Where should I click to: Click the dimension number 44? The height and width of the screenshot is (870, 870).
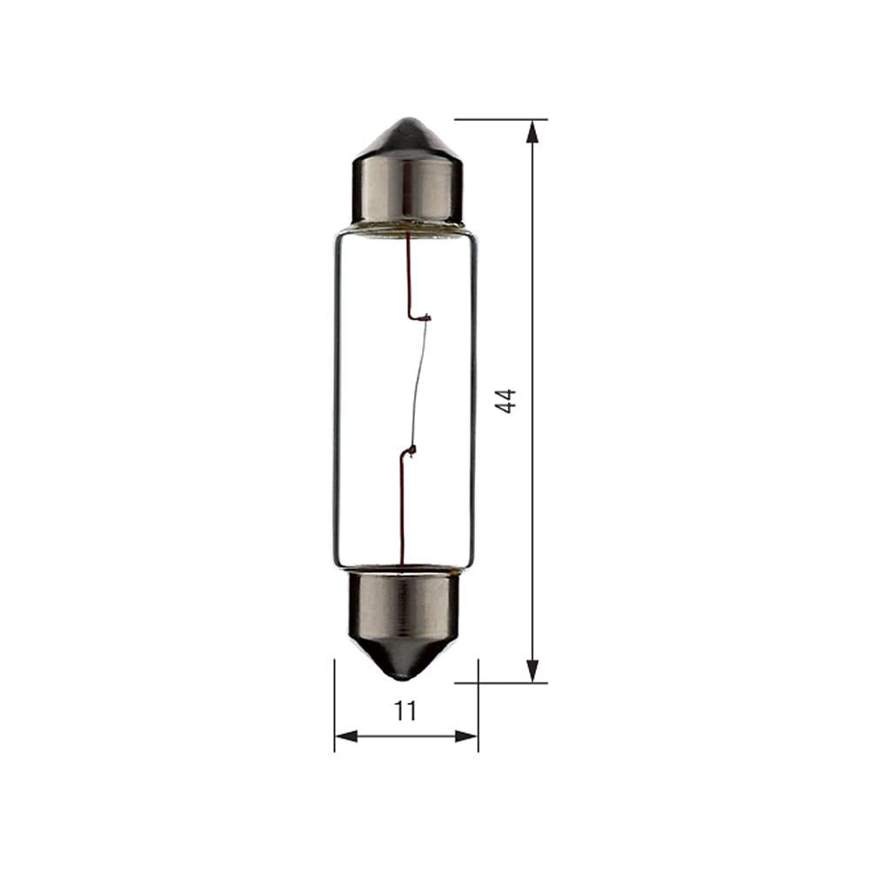pyautogui.click(x=507, y=400)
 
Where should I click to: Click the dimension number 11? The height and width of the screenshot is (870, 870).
pyautogui.click(x=405, y=711)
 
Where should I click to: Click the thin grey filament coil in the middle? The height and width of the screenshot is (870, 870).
pyautogui.click(x=418, y=383)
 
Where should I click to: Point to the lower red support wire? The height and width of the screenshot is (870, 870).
pyautogui.click(x=401, y=513)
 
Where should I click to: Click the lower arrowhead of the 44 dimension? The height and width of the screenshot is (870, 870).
pyautogui.click(x=532, y=670)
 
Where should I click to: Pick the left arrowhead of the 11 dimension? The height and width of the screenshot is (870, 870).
pyautogui.click(x=345, y=736)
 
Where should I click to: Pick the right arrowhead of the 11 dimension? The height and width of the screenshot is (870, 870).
pyautogui.click(x=467, y=736)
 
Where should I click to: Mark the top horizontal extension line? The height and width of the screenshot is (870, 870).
pyautogui.click(x=500, y=119)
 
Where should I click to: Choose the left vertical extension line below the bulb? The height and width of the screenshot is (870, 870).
pyautogui.click(x=335, y=705)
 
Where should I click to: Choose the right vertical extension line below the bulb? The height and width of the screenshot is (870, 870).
pyautogui.click(x=478, y=705)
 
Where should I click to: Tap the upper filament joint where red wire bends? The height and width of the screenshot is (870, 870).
pyautogui.click(x=424, y=318)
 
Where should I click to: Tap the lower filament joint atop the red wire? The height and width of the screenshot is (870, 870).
pyautogui.click(x=409, y=451)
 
